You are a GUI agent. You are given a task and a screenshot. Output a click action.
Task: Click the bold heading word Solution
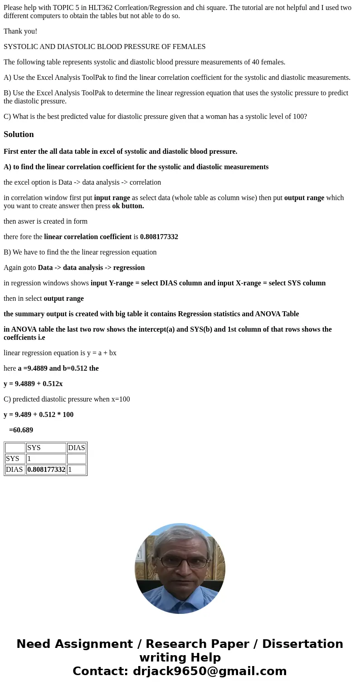(19, 134)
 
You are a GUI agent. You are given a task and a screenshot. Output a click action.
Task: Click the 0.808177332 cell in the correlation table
(46, 470)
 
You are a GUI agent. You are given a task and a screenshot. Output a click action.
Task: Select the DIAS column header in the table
(76, 448)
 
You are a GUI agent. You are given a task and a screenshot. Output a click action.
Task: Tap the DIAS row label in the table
(15, 470)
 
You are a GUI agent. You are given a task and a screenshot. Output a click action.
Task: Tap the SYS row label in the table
(13, 459)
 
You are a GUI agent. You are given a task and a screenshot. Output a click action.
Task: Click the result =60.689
(21, 430)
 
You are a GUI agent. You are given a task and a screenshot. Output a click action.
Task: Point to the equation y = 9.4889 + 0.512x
(33, 384)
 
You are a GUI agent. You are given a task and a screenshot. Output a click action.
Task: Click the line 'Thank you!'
(20, 31)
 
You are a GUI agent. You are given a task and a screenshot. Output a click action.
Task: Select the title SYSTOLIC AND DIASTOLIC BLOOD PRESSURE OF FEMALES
(104, 47)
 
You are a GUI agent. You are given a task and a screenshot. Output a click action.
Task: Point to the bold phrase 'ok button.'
(128, 206)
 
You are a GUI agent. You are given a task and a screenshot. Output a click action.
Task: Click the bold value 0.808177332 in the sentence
(159, 237)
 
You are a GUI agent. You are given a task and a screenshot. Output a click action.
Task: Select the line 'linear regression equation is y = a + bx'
(60, 353)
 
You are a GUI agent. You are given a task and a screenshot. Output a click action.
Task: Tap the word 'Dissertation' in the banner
(302, 644)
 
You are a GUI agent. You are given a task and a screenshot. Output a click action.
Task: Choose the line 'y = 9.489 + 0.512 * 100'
(39, 415)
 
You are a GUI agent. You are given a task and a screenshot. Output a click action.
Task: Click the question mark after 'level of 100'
(305, 117)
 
